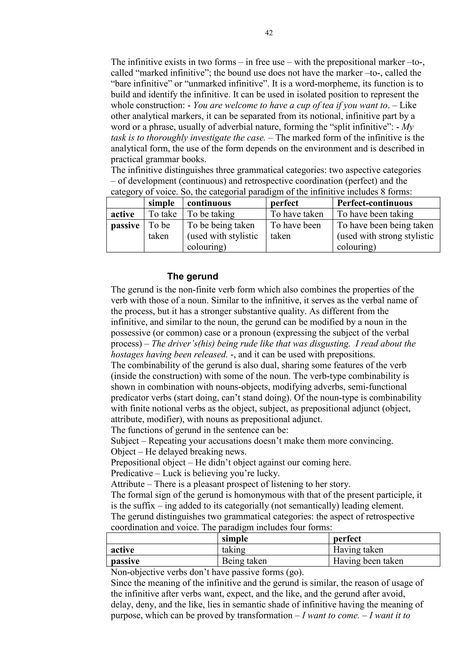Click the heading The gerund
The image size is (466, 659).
(x=192, y=276)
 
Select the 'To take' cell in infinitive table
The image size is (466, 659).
(x=162, y=214)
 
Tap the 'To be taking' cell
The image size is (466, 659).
(x=211, y=214)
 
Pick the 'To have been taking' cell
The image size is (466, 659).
(x=375, y=214)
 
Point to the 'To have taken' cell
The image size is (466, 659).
(x=297, y=214)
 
